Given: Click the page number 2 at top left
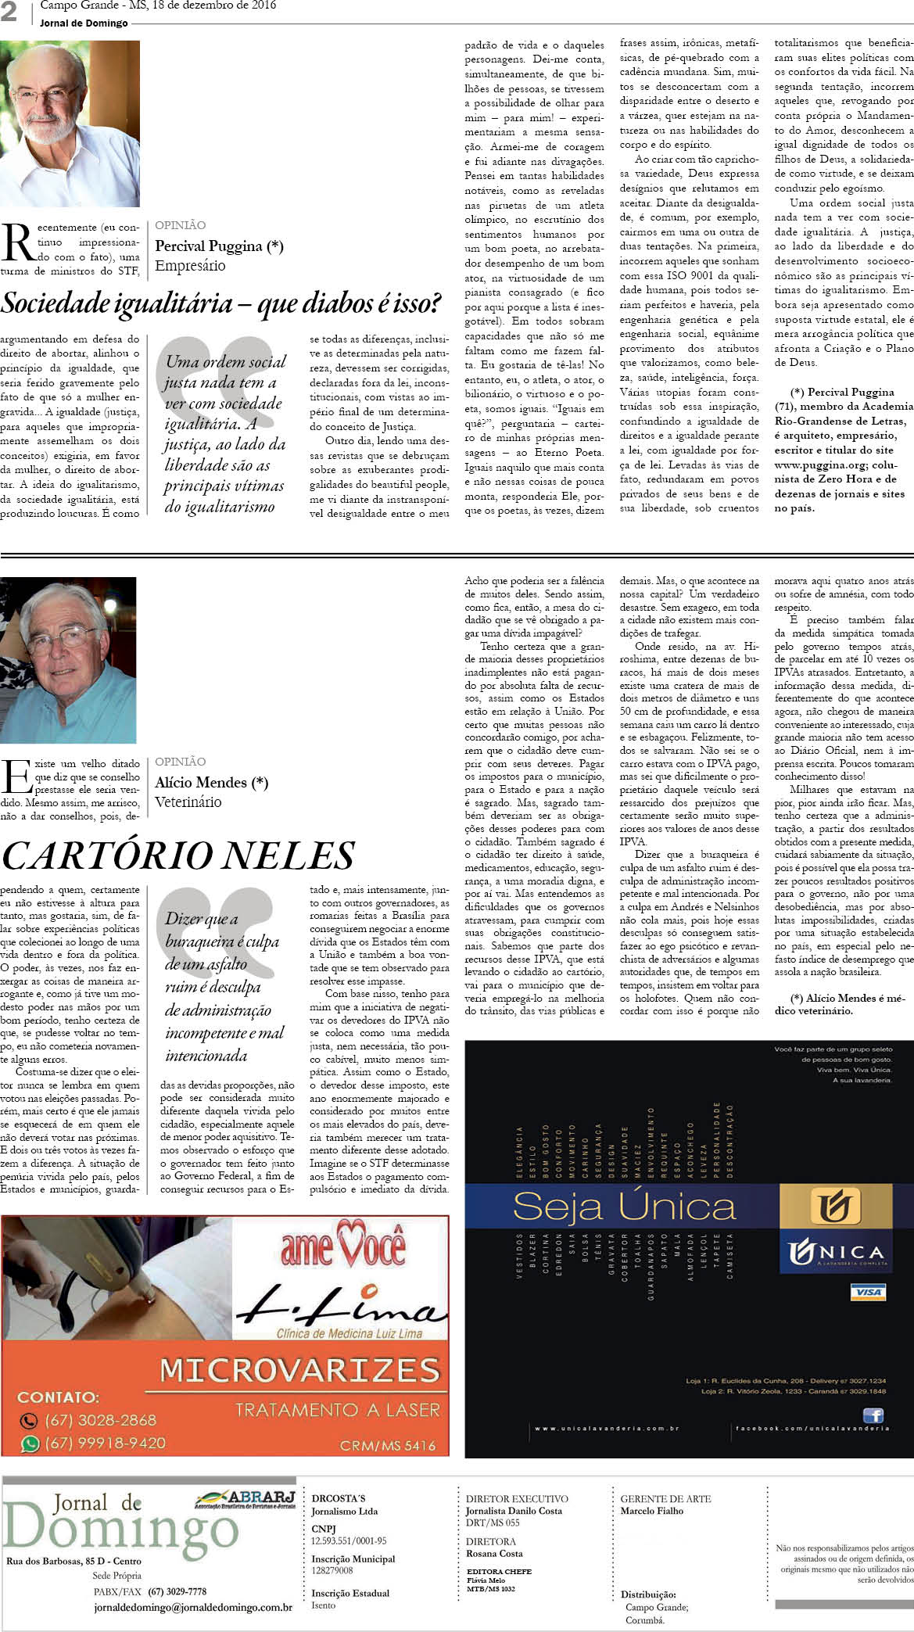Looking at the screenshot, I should [x=9, y=12].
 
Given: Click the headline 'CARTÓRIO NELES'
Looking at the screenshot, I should [x=178, y=855].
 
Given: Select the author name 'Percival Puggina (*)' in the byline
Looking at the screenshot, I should [x=219, y=246].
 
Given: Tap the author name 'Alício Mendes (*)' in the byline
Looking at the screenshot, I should [x=211, y=783].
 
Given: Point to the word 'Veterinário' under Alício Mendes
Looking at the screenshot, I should [x=188, y=802].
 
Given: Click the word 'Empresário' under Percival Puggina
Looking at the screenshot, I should [x=190, y=266].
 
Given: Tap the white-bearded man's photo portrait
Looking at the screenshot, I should [x=70, y=124].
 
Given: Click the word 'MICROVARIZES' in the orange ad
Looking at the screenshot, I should [x=299, y=1369].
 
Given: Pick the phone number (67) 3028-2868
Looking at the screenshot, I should [x=100, y=1419].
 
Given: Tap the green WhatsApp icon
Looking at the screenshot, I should [x=30, y=1444].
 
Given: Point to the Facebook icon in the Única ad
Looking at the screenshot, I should [x=873, y=1415].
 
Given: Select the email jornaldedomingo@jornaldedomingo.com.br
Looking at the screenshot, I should [x=192, y=1608].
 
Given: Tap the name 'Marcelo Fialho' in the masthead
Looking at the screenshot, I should [x=651, y=1511].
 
